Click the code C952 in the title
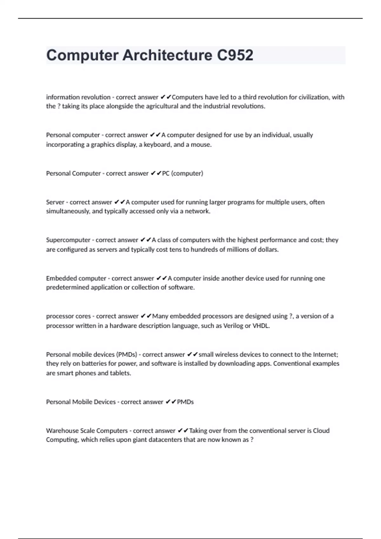(x=235, y=55)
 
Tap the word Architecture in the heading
(x=167, y=55)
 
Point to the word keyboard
(x=157, y=145)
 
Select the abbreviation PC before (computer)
(x=166, y=173)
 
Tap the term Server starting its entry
(x=55, y=202)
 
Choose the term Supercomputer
(x=68, y=240)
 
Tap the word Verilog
(x=233, y=326)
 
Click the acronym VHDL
(x=261, y=326)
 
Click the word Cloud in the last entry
(x=321, y=431)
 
